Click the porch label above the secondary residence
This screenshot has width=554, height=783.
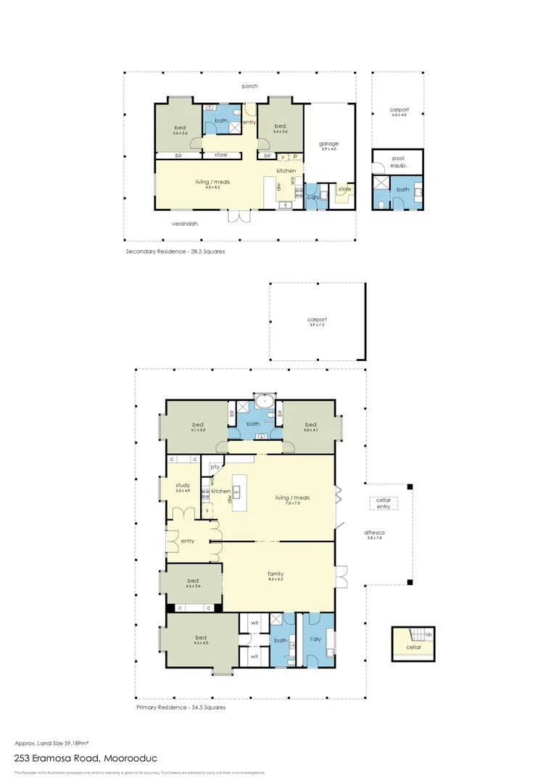click(249, 86)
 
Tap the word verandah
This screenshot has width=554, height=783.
click(184, 224)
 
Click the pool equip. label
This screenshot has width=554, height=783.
click(398, 160)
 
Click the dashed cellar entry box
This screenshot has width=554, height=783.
click(383, 503)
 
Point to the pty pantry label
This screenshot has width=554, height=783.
click(215, 467)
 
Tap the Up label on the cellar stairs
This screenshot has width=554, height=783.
click(429, 634)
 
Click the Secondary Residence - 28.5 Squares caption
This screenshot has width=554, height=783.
click(175, 252)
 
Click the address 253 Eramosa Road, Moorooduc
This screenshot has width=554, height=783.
click(86, 758)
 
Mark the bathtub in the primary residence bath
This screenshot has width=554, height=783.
click(265, 401)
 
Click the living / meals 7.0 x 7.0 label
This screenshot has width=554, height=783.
click(292, 500)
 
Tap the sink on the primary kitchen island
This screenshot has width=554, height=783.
click(236, 492)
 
